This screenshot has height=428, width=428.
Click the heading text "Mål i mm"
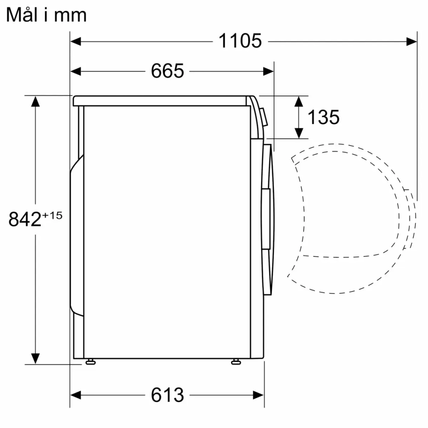[46, 15]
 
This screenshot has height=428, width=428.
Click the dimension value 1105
[240, 42]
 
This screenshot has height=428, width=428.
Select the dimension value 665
[167, 71]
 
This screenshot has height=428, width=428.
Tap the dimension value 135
[324, 117]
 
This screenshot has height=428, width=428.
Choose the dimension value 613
[167, 394]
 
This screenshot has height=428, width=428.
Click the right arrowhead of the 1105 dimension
[412, 42]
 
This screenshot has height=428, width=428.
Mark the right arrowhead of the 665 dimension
[268, 71]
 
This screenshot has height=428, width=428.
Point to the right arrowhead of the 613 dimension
[259, 394]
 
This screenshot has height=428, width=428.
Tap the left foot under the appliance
[90, 362]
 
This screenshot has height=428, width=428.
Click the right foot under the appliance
[235, 362]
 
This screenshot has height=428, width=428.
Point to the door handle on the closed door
[266, 218]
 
